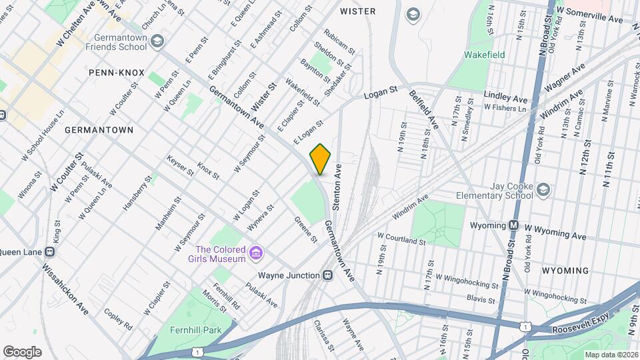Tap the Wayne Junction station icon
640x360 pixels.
click(327, 275)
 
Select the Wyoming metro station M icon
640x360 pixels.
click(513, 225)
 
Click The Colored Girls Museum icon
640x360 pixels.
click(255, 253)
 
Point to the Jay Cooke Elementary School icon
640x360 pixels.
click(543, 191)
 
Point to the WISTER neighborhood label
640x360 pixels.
click(357, 11)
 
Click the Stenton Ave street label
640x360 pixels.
click(337, 187)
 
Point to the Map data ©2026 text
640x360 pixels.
click(611, 354)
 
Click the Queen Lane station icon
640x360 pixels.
click(49, 252)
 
